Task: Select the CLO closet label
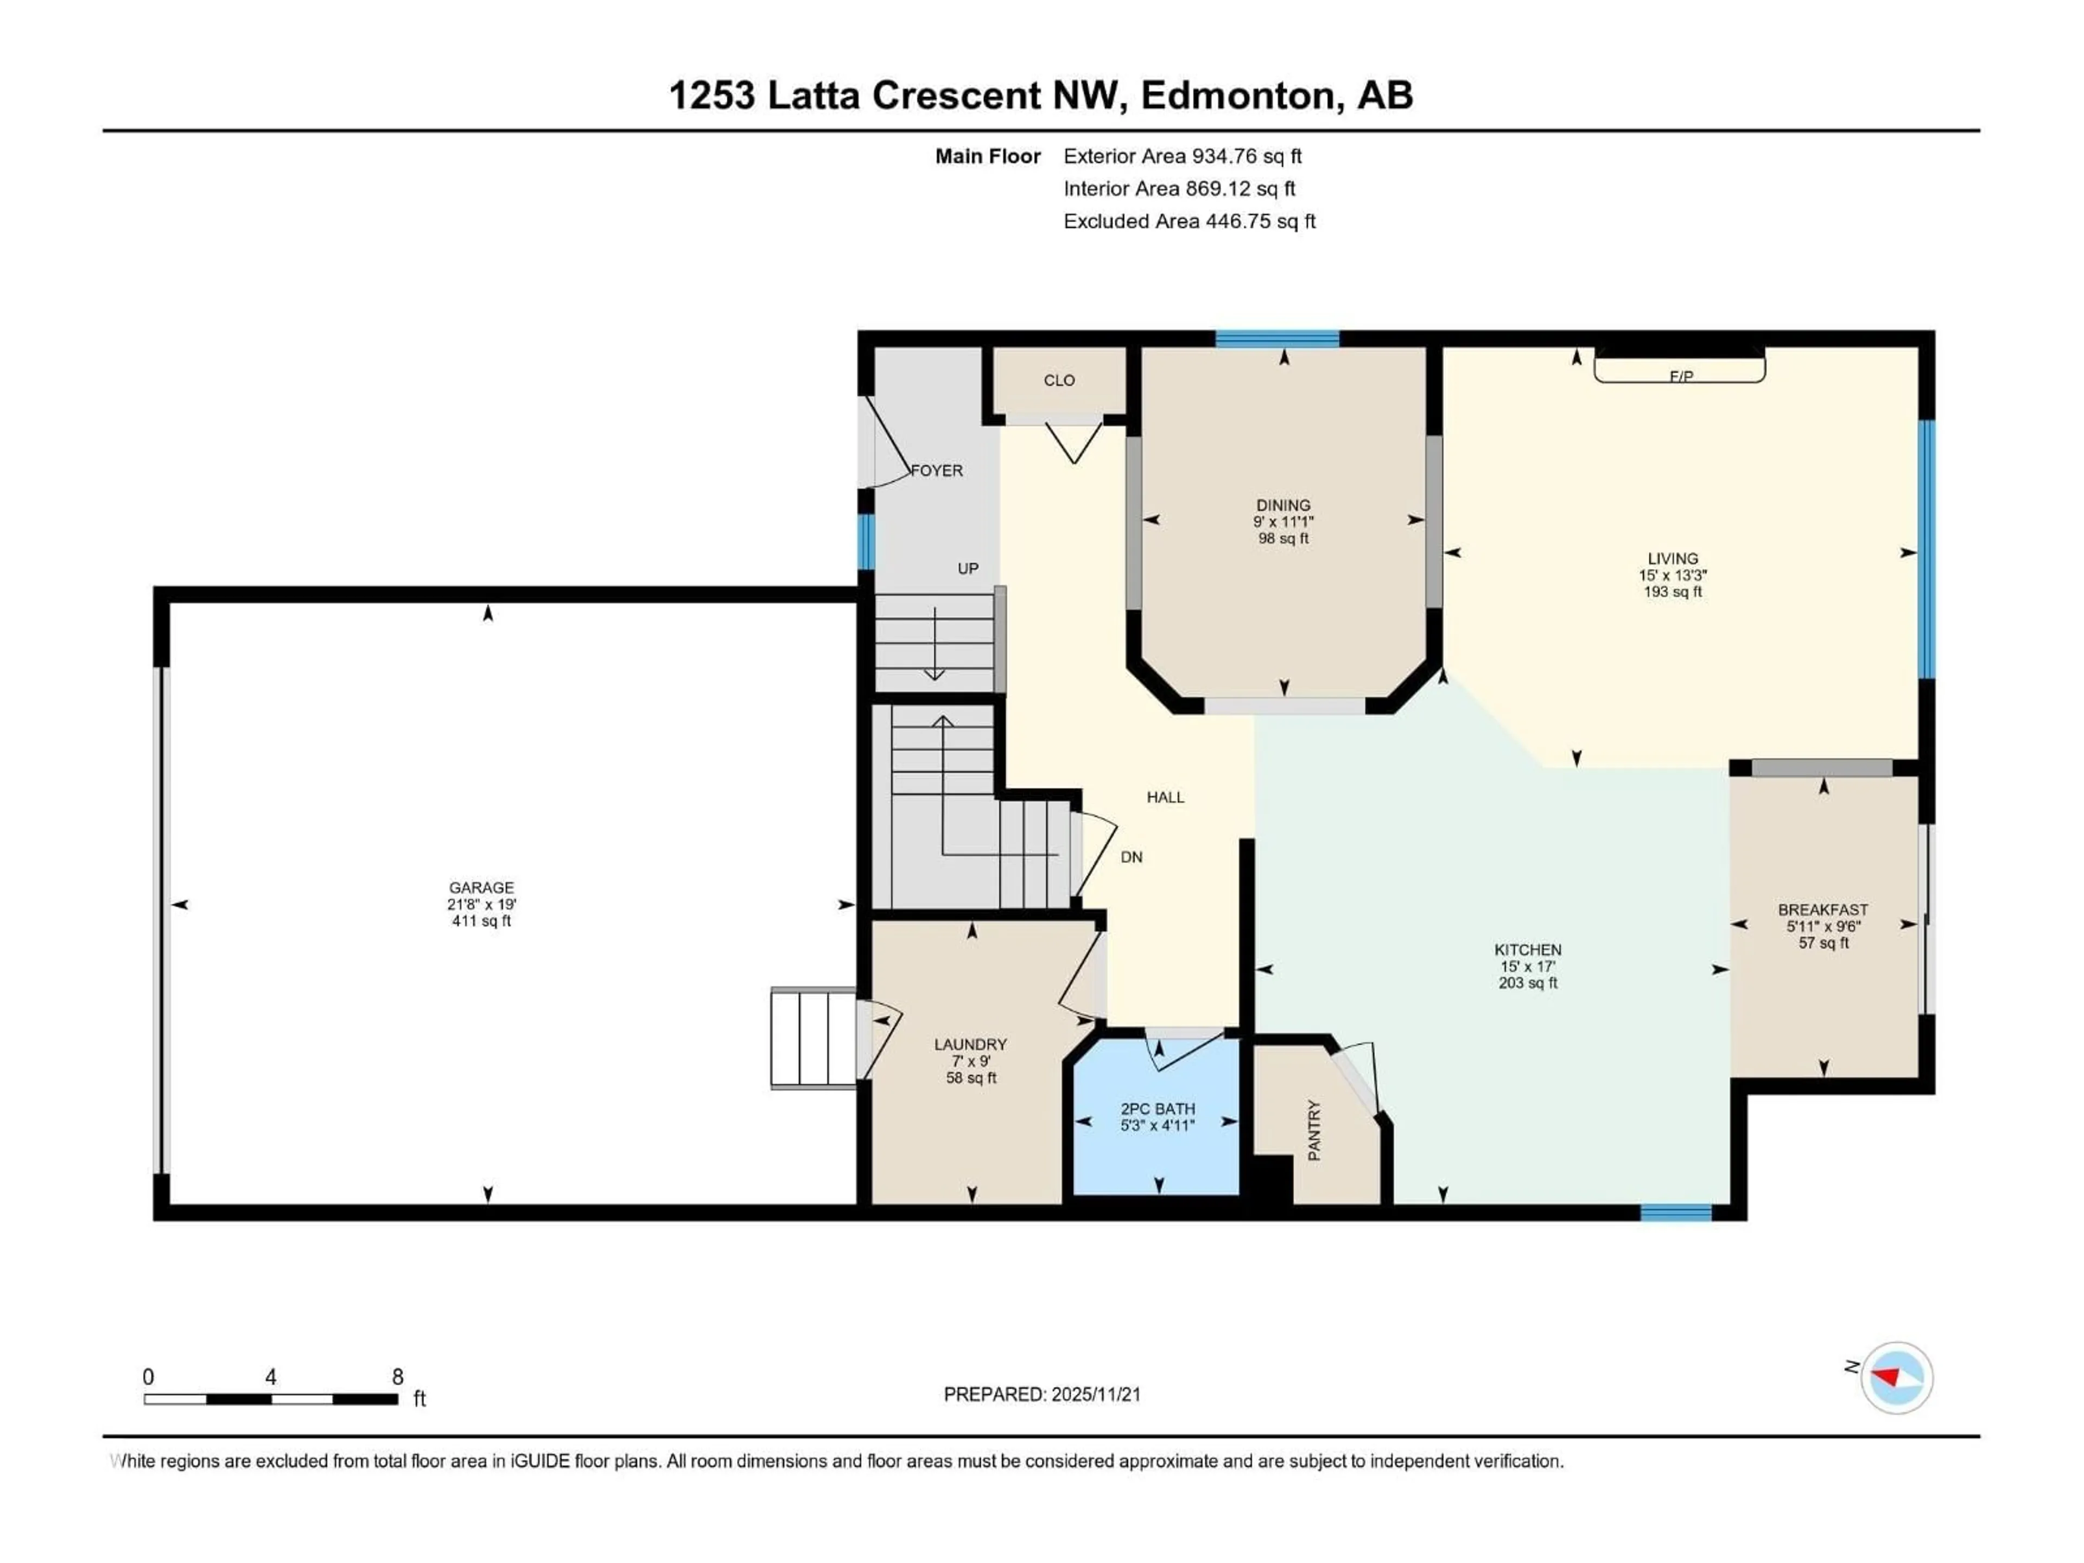pyautogui.click(x=1059, y=380)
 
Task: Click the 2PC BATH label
pyautogui.click(x=1158, y=1109)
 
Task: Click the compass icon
pyautogui.click(x=1897, y=1377)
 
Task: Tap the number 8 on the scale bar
pyautogui.click(x=398, y=1376)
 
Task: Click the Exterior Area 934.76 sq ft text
pyautogui.click(x=1183, y=156)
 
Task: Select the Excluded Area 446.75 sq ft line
pyautogui.click(x=1189, y=221)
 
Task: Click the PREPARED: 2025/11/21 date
pyautogui.click(x=1042, y=1394)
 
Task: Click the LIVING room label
pyautogui.click(x=1672, y=558)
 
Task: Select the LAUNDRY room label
pyautogui.click(x=970, y=1044)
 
